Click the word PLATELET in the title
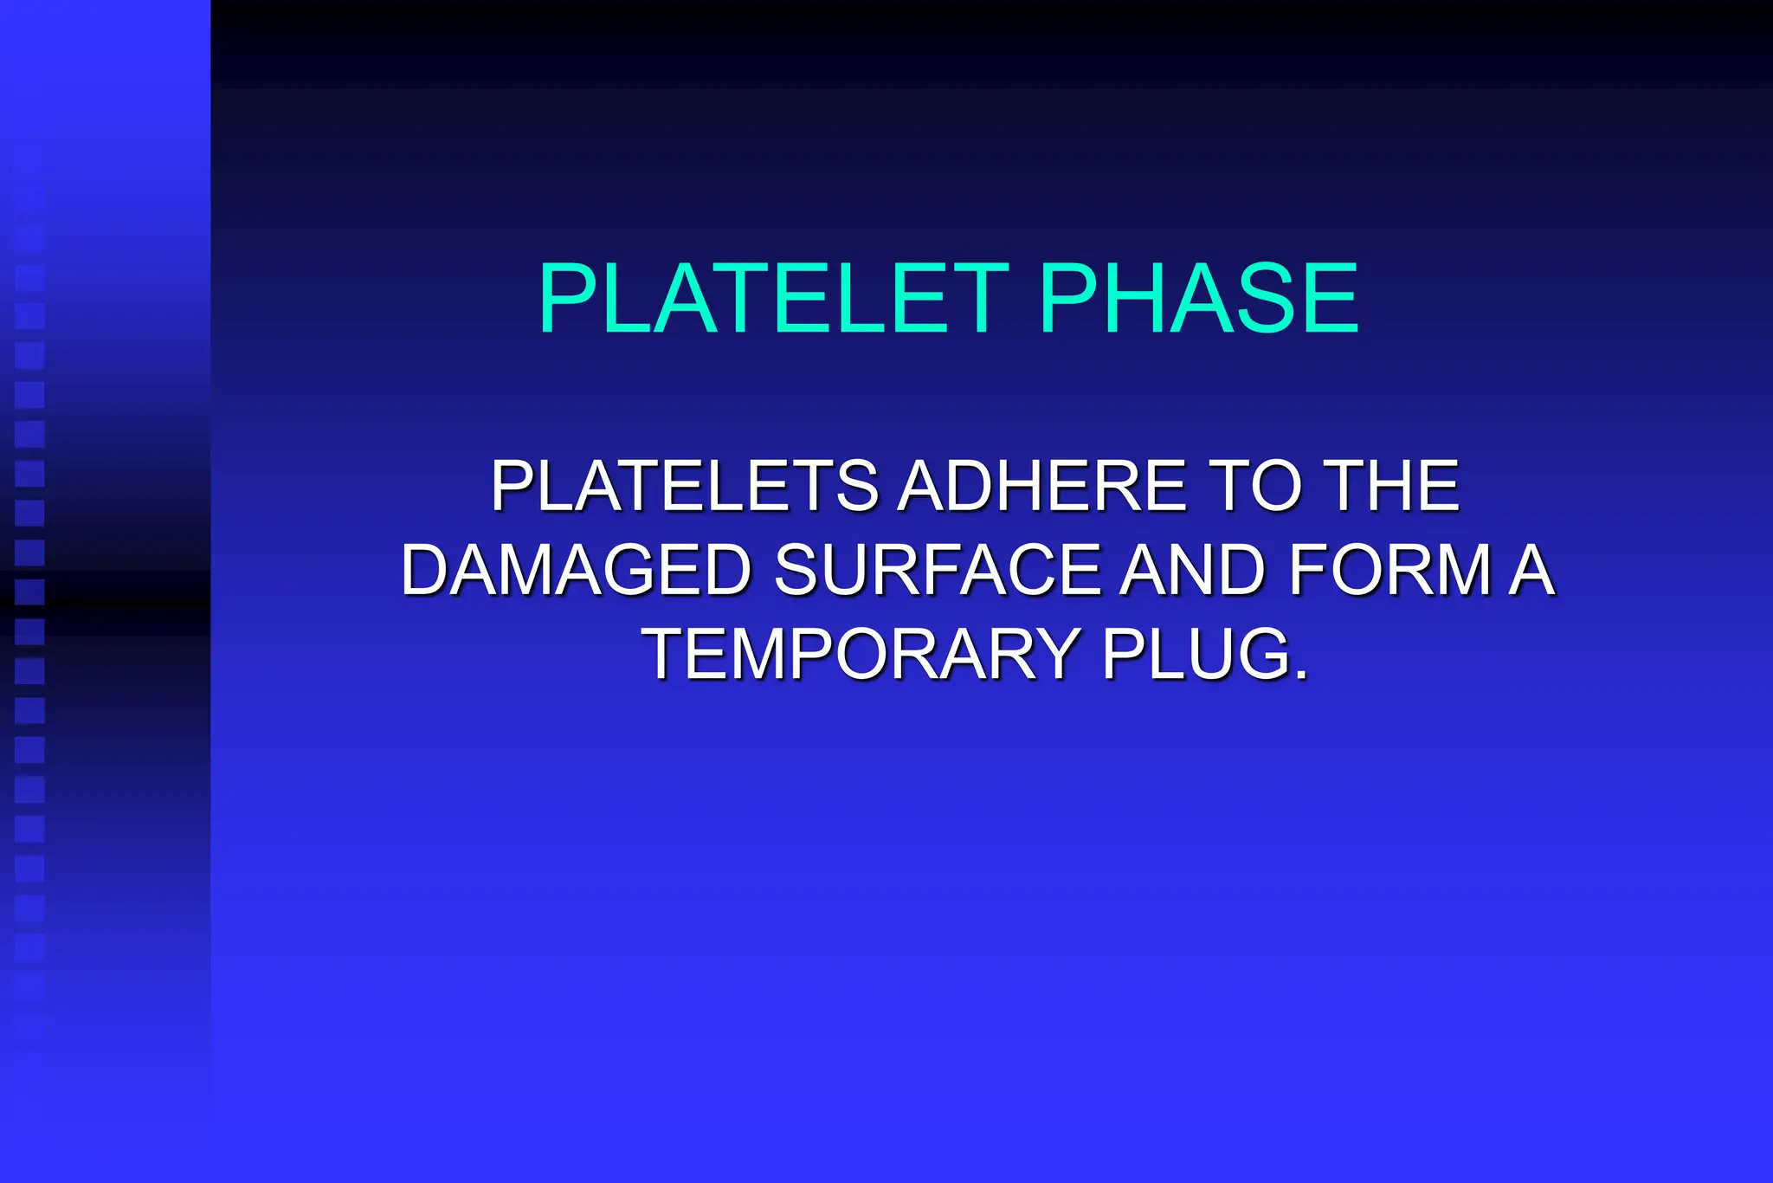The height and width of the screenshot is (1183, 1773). click(773, 299)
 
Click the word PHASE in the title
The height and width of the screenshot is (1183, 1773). click(1199, 299)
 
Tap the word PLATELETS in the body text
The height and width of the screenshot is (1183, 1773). click(684, 487)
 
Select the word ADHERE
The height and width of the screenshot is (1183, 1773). click(1041, 487)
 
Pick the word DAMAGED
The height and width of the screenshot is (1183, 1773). click(576, 571)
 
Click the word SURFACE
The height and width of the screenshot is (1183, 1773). click(936, 571)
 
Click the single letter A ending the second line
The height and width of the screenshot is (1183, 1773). click(1531, 571)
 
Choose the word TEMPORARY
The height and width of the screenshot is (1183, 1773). click(861, 655)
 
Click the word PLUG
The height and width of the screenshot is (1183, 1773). click(1196, 655)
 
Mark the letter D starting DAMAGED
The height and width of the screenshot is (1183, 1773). click(426, 571)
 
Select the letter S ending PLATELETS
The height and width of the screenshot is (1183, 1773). click(858, 487)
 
